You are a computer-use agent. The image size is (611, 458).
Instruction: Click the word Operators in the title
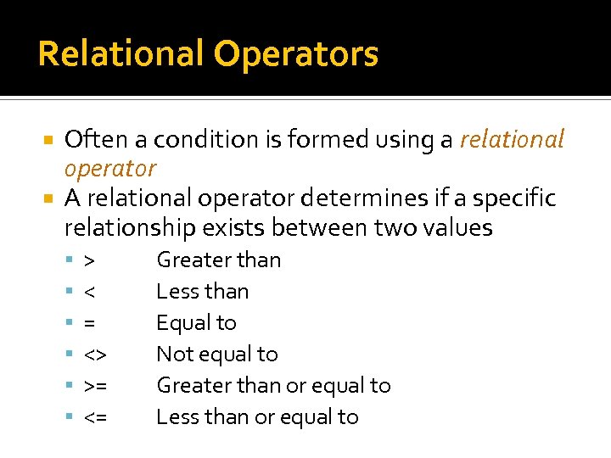click(x=296, y=54)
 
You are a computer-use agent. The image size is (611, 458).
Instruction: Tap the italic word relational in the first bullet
click(x=512, y=139)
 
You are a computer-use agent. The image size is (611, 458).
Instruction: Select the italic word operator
click(x=110, y=169)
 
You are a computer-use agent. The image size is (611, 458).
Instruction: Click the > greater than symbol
click(x=89, y=260)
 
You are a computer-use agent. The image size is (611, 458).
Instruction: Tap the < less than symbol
click(x=89, y=292)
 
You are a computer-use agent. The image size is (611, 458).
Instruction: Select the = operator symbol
click(x=89, y=323)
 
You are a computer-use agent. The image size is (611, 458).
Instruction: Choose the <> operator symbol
click(x=94, y=355)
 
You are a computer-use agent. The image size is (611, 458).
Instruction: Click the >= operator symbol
click(x=95, y=386)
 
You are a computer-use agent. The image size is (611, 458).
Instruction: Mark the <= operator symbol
click(x=95, y=417)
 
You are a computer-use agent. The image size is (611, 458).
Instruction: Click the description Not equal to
click(x=217, y=355)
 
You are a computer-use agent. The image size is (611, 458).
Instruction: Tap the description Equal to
click(x=196, y=323)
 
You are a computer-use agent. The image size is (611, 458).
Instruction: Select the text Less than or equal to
click(x=257, y=417)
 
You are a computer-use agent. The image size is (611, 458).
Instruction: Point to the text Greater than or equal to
click(x=273, y=386)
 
